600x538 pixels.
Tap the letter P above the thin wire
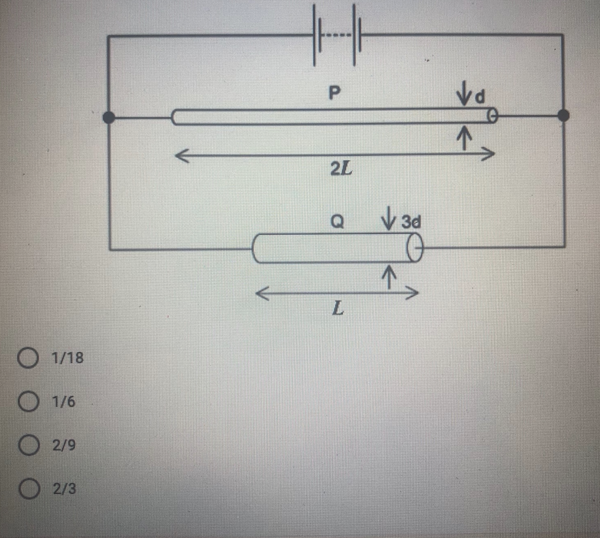click(334, 93)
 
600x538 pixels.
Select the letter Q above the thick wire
click(337, 221)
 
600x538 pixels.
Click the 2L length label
click(341, 171)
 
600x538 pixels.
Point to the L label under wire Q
click(337, 309)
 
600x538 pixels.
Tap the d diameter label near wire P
click(480, 97)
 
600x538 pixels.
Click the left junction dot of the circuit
click(109, 118)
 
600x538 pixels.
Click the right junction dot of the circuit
click(563, 116)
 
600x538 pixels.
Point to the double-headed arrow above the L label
click(336, 294)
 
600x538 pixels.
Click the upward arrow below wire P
click(464, 136)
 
